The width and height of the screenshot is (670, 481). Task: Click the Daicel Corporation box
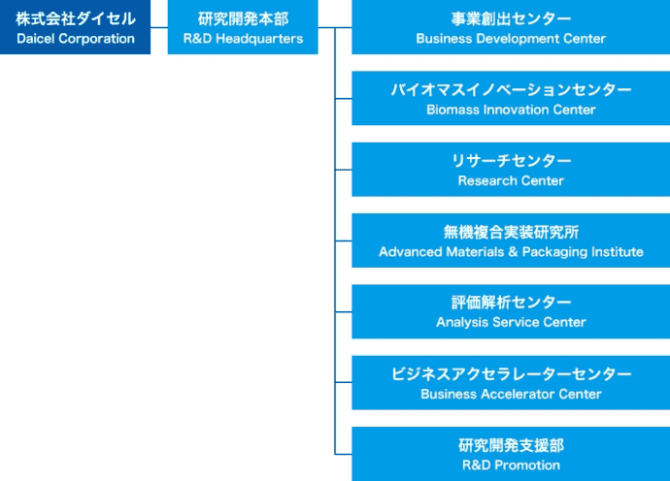coord(76,27)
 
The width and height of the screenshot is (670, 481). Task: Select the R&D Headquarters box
coord(243,27)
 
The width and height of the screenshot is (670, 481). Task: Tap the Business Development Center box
coord(511,27)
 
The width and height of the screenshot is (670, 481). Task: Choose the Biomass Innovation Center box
coord(511,98)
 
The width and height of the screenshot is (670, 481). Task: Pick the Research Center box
coord(511,170)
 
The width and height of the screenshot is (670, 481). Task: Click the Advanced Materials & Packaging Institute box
coord(511,240)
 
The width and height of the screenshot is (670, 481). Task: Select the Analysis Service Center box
coord(511,311)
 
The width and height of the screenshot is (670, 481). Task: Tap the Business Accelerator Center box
coord(511,383)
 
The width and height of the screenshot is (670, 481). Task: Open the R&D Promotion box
coord(511,454)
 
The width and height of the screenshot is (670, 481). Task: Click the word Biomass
coord(453,110)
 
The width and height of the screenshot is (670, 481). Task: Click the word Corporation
coord(97,39)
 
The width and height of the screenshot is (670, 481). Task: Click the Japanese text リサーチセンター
coord(511,161)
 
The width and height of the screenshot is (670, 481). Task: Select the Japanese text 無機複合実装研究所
coord(511,232)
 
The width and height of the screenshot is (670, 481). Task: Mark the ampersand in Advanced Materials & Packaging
coord(514,252)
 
